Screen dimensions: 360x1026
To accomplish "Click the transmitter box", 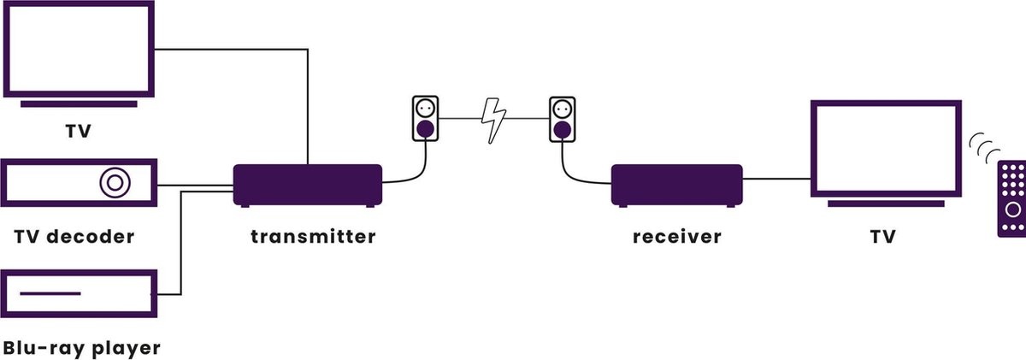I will pos(308,184).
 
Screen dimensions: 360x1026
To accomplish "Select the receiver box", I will pos(676,183).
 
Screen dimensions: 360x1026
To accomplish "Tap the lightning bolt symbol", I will pos(493,120).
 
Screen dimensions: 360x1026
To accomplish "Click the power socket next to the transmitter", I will pos(425,118).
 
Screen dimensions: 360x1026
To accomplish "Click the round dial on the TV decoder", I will pos(114,183).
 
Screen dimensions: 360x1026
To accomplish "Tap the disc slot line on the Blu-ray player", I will pos(50,294).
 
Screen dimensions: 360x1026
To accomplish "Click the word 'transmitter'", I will pos(312,236).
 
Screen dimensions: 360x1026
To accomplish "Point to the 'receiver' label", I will pos(676,236).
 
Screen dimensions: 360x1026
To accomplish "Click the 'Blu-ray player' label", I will pos(81,348).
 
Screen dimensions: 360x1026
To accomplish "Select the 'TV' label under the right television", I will pos(882,236).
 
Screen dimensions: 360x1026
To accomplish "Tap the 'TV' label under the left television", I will pos(79,133).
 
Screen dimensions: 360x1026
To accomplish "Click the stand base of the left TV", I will pos(79,103).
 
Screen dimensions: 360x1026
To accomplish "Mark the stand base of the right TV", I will pos(885,204).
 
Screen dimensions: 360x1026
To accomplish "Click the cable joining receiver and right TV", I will pos(776,179).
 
